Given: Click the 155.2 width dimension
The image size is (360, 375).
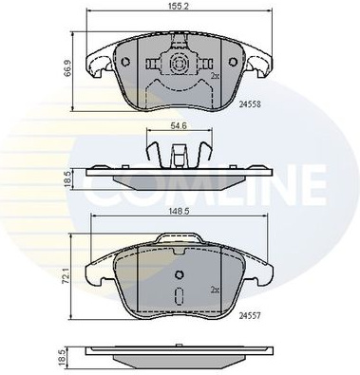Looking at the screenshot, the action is click(x=180, y=6).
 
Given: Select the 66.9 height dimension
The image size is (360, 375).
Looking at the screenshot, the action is click(x=66, y=72).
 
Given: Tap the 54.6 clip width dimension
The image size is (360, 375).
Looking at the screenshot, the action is click(x=179, y=125).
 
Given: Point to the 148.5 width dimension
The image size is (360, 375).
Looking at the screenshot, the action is click(x=179, y=212).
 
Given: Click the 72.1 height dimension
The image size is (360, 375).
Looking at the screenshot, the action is click(x=66, y=277).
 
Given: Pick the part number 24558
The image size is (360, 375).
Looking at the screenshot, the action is click(x=250, y=104).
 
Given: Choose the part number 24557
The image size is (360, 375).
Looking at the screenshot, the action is click(x=250, y=315).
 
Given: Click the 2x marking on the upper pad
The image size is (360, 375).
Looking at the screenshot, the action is click(x=216, y=76).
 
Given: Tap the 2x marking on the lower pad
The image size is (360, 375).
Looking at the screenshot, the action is click(x=216, y=290).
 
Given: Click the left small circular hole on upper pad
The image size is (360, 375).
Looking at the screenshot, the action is click(x=125, y=61).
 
